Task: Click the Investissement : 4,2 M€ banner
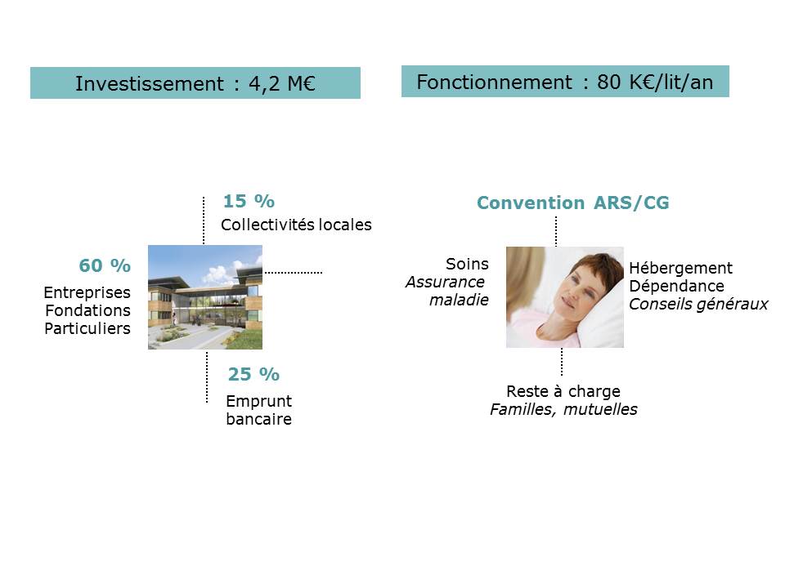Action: [x=195, y=83]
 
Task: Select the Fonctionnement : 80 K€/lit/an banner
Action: [x=565, y=82]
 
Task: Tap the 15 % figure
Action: [x=249, y=201]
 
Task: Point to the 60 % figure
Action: [x=105, y=265]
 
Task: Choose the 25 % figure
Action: [x=253, y=374]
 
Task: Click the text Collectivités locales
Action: [x=296, y=225]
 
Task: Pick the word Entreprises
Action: [x=87, y=293]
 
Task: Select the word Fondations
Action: [x=88, y=310]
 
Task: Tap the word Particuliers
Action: [x=87, y=328]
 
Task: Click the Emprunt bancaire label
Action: [x=259, y=410]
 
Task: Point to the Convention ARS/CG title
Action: [x=572, y=203]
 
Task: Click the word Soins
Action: [x=467, y=264]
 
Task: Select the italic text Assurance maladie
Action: [x=447, y=291]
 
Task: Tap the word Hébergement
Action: [x=681, y=269]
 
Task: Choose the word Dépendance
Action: [x=676, y=286]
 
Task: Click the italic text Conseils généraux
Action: [x=698, y=305]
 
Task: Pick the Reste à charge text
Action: [x=563, y=391]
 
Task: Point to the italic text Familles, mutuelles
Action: [x=563, y=409]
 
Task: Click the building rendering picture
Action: [x=205, y=297]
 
